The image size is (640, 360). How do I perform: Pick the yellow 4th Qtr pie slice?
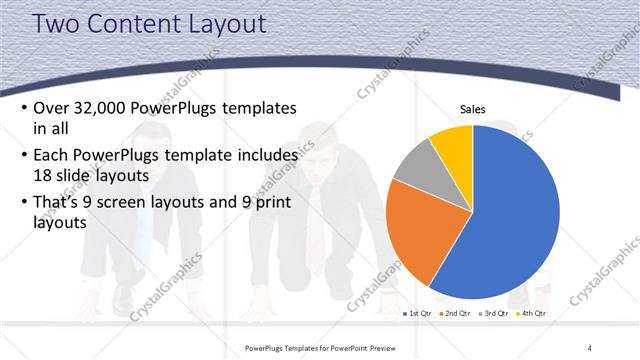453,143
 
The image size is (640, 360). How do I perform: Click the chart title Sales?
472,109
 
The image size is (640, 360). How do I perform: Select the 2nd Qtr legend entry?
456,313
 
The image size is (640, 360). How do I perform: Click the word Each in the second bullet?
52,155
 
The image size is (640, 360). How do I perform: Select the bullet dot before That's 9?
23,202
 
